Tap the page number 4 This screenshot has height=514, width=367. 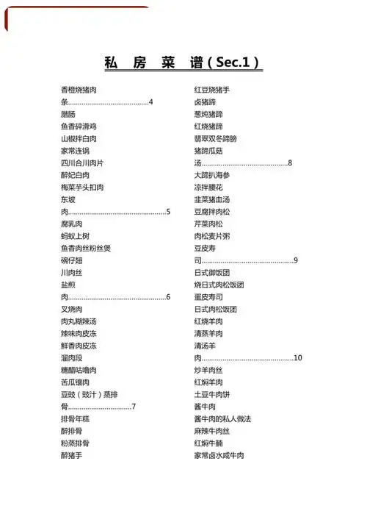pyautogui.click(x=150, y=102)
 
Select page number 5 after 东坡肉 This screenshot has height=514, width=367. pyautogui.click(x=168, y=212)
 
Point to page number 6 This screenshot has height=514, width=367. pyautogui.click(x=168, y=297)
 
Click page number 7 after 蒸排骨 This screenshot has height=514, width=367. pyautogui.click(x=134, y=407)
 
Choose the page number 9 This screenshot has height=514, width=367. pyautogui.click(x=295, y=260)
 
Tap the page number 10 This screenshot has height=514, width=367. pyautogui.click(x=297, y=358)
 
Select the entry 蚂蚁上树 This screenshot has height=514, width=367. pyautogui.click(x=75, y=236)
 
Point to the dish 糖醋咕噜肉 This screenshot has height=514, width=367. pyautogui.click(x=79, y=370)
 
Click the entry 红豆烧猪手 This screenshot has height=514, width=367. pyautogui.click(x=212, y=90)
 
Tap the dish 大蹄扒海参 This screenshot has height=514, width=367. pyautogui.click(x=212, y=175)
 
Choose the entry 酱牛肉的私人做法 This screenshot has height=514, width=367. pyautogui.click(x=222, y=418)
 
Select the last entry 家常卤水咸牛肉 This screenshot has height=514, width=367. pyautogui.click(x=219, y=455)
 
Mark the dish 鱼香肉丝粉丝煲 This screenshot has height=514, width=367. pyautogui.click(x=86, y=249)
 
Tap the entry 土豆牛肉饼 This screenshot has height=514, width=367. pyautogui.click(x=212, y=394)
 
